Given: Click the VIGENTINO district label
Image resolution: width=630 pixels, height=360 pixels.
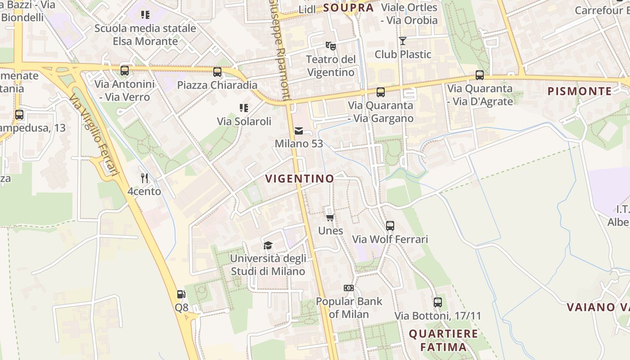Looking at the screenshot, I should tap(300, 179).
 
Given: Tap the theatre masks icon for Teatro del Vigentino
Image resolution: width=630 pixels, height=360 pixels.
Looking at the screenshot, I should tap(331, 45).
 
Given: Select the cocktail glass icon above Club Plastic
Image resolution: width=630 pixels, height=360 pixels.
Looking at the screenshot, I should tap(403, 41).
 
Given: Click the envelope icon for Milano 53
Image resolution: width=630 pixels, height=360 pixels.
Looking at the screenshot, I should tap(298, 131).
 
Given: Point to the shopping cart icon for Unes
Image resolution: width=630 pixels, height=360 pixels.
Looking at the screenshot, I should tap(330, 218).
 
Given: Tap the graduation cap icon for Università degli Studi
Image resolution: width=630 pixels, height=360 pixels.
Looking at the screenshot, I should tap(268, 245).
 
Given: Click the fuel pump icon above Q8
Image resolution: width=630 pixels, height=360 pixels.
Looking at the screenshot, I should tap(181, 294).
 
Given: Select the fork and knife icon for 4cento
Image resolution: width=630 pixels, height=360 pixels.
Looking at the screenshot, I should tap(144, 178).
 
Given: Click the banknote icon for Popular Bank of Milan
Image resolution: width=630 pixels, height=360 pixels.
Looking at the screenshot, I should tap(348, 288).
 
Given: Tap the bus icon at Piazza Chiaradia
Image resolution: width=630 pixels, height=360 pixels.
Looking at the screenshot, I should tap(217, 72).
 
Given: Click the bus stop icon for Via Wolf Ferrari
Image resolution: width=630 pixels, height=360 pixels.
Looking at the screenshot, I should tap(390, 226).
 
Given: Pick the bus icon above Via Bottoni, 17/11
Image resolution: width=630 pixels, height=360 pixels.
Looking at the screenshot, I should tap(437, 302).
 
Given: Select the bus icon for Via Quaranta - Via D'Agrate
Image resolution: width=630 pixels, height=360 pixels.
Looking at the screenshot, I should tap(480, 75).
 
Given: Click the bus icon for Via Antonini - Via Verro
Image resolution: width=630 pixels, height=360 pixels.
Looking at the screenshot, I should tap(125, 71).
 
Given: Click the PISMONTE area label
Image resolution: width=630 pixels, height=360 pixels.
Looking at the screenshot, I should tap(580, 91).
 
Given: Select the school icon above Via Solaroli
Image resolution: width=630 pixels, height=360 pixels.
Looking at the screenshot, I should tap(244, 108).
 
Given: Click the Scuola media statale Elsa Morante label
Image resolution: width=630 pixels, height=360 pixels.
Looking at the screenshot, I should tap(145, 35).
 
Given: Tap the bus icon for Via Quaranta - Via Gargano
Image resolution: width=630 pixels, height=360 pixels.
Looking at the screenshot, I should tap(381, 92).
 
